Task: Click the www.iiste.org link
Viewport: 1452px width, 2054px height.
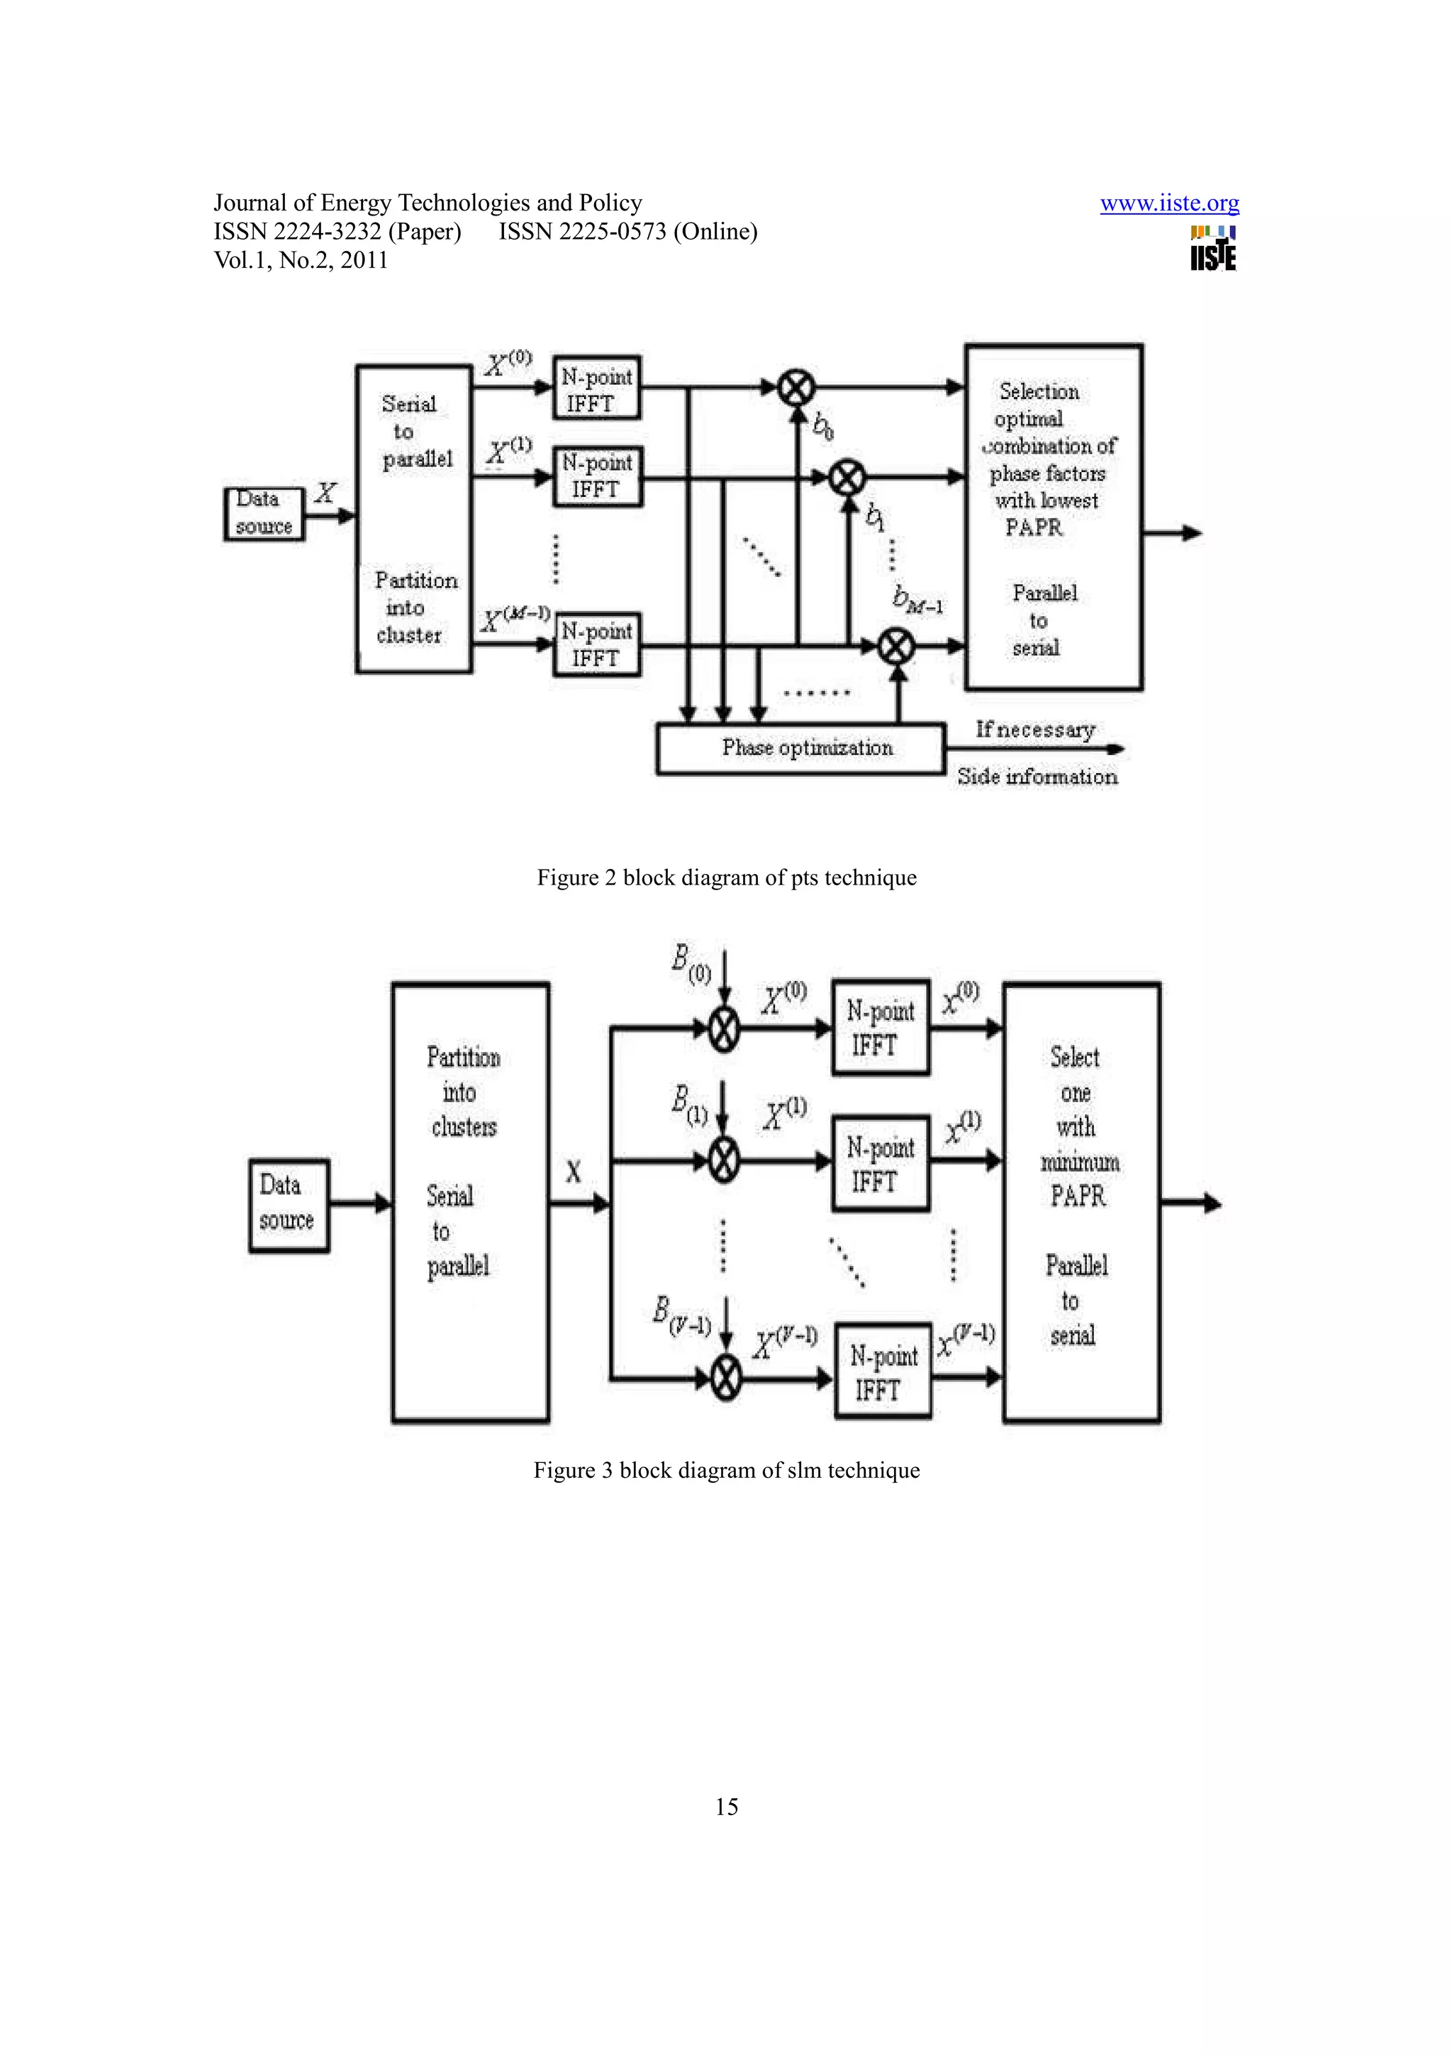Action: pyautogui.click(x=1169, y=203)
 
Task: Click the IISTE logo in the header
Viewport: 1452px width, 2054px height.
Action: pyautogui.click(x=1213, y=249)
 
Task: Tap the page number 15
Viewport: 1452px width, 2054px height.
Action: pyautogui.click(x=727, y=1807)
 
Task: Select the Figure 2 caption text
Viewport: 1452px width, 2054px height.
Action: pyautogui.click(x=727, y=877)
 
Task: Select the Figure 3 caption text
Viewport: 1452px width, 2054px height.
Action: pyautogui.click(x=727, y=1471)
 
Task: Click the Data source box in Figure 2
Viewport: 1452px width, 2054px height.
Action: pyautogui.click(x=264, y=513)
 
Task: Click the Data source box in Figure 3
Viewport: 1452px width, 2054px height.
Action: pyautogui.click(x=289, y=1204)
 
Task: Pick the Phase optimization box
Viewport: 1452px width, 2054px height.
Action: pyautogui.click(x=800, y=748)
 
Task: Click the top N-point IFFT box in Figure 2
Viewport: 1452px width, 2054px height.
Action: pyautogui.click(x=597, y=388)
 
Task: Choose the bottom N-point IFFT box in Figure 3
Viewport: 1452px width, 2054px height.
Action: pyautogui.click(x=883, y=1371)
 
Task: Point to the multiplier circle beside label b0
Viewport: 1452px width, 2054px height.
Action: pyautogui.click(x=795, y=388)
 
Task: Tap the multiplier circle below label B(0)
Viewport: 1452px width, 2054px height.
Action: pyautogui.click(x=725, y=1030)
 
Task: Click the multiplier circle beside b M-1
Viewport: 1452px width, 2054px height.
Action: pyautogui.click(x=895, y=645)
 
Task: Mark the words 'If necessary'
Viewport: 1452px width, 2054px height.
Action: pyautogui.click(x=1035, y=730)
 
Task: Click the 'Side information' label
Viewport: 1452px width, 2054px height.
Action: pyautogui.click(x=1037, y=777)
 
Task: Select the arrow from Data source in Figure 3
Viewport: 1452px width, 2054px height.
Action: pyautogui.click(x=361, y=1203)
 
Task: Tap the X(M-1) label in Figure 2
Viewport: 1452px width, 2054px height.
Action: pyautogui.click(x=515, y=618)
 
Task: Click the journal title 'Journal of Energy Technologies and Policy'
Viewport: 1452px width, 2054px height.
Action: pyautogui.click(x=428, y=203)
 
